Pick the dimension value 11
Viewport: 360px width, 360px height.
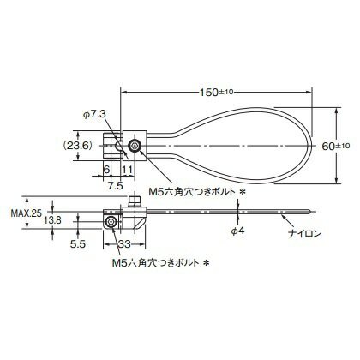click(125, 171)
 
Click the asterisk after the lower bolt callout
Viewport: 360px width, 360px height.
click(206, 264)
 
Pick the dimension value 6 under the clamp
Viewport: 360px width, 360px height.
click(107, 171)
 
